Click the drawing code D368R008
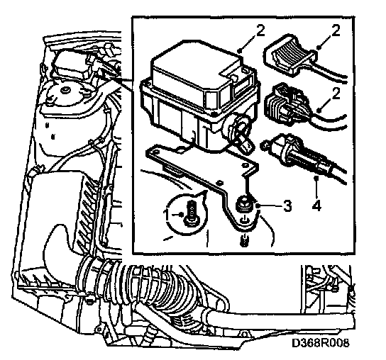[320, 342]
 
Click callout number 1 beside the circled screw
[168, 215]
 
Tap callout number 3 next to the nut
[287, 206]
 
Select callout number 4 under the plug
[316, 205]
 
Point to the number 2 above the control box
[260, 30]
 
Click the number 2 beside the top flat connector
[336, 30]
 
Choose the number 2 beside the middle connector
[336, 94]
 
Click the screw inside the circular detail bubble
[190, 213]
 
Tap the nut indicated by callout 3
[243, 204]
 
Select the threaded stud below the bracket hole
[243, 240]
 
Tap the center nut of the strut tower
[65, 90]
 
